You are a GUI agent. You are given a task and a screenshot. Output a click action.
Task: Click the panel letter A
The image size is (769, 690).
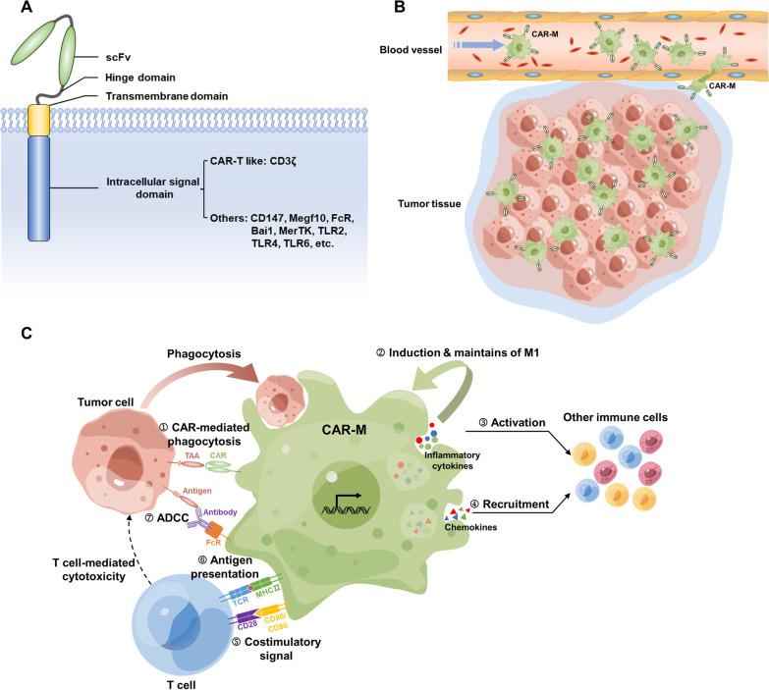click(x=14, y=11)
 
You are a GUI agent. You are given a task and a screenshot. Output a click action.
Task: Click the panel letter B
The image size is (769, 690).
click(x=401, y=11)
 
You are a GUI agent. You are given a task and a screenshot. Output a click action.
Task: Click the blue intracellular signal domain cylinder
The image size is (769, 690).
click(x=40, y=186)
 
